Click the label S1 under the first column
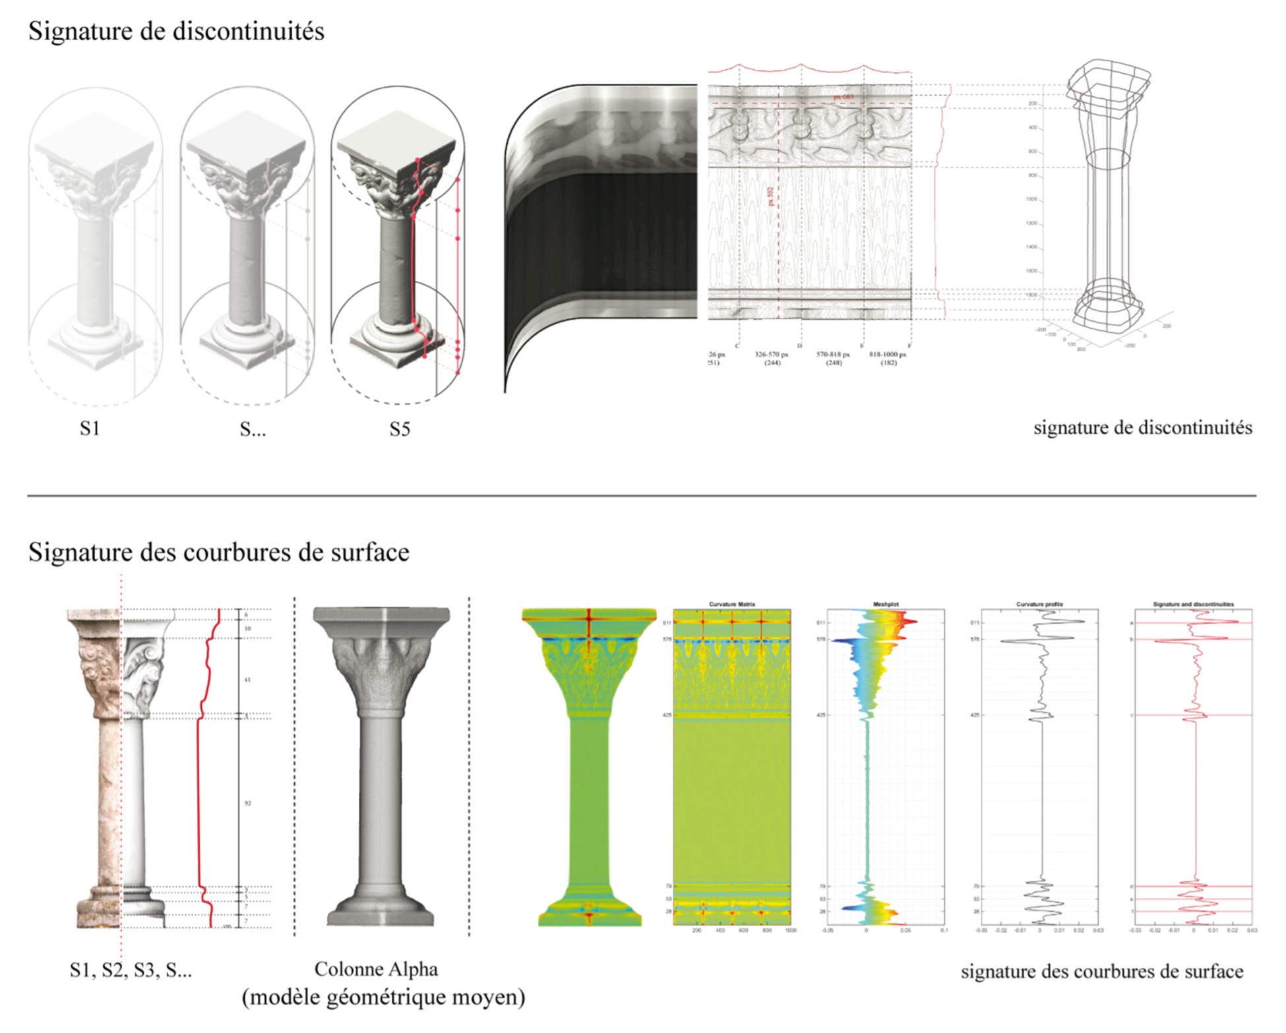tap(90, 428)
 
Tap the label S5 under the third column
tap(400, 429)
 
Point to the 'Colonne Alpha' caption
tap(376, 969)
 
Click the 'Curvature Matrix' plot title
tap(731, 604)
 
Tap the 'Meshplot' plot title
tap(886, 604)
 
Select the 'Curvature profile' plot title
tap(1039, 604)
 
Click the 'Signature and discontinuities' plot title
tap(1193, 604)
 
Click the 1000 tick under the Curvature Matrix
tap(790, 931)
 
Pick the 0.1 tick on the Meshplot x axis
tap(944, 931)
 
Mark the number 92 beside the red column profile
tap(247, 804)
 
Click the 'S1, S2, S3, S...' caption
tap(131, 970)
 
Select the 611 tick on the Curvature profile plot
tap(974, 623)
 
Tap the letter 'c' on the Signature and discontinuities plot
tap(1132, 715)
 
